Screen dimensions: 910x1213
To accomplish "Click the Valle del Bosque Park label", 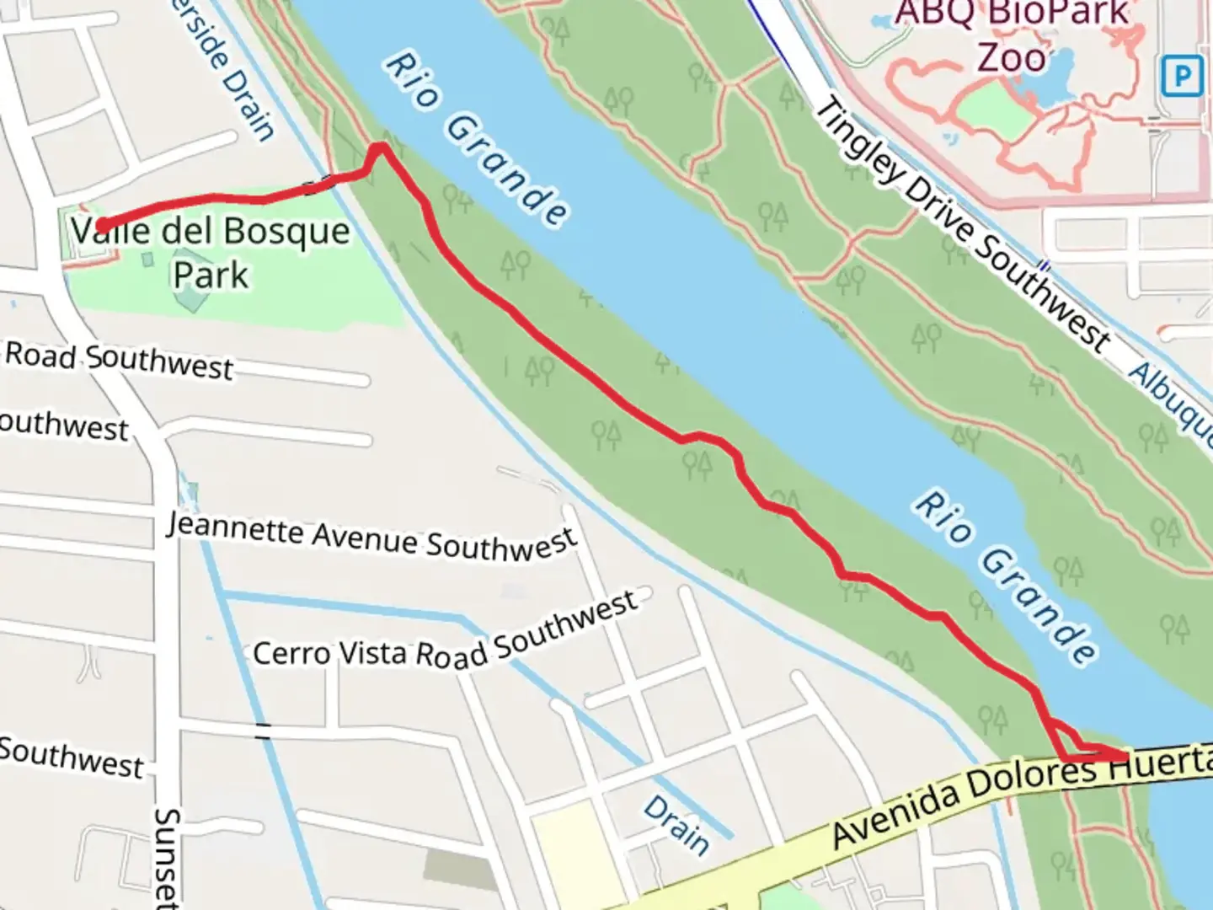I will click(x=211, y=252).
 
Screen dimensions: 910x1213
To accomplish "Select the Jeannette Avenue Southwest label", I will click(x=371, y=536).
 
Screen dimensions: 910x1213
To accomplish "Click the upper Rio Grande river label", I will click(x=476, y=139).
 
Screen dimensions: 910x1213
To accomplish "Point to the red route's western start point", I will click(x=102, y=225).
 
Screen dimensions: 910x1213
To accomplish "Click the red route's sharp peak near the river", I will click(x=381, y=149).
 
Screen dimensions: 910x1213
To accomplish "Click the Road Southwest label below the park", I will click(x=118, y=360).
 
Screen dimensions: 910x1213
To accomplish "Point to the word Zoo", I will click(x=1012, y=57).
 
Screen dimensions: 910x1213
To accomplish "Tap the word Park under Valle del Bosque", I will click(x=211, y=275).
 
